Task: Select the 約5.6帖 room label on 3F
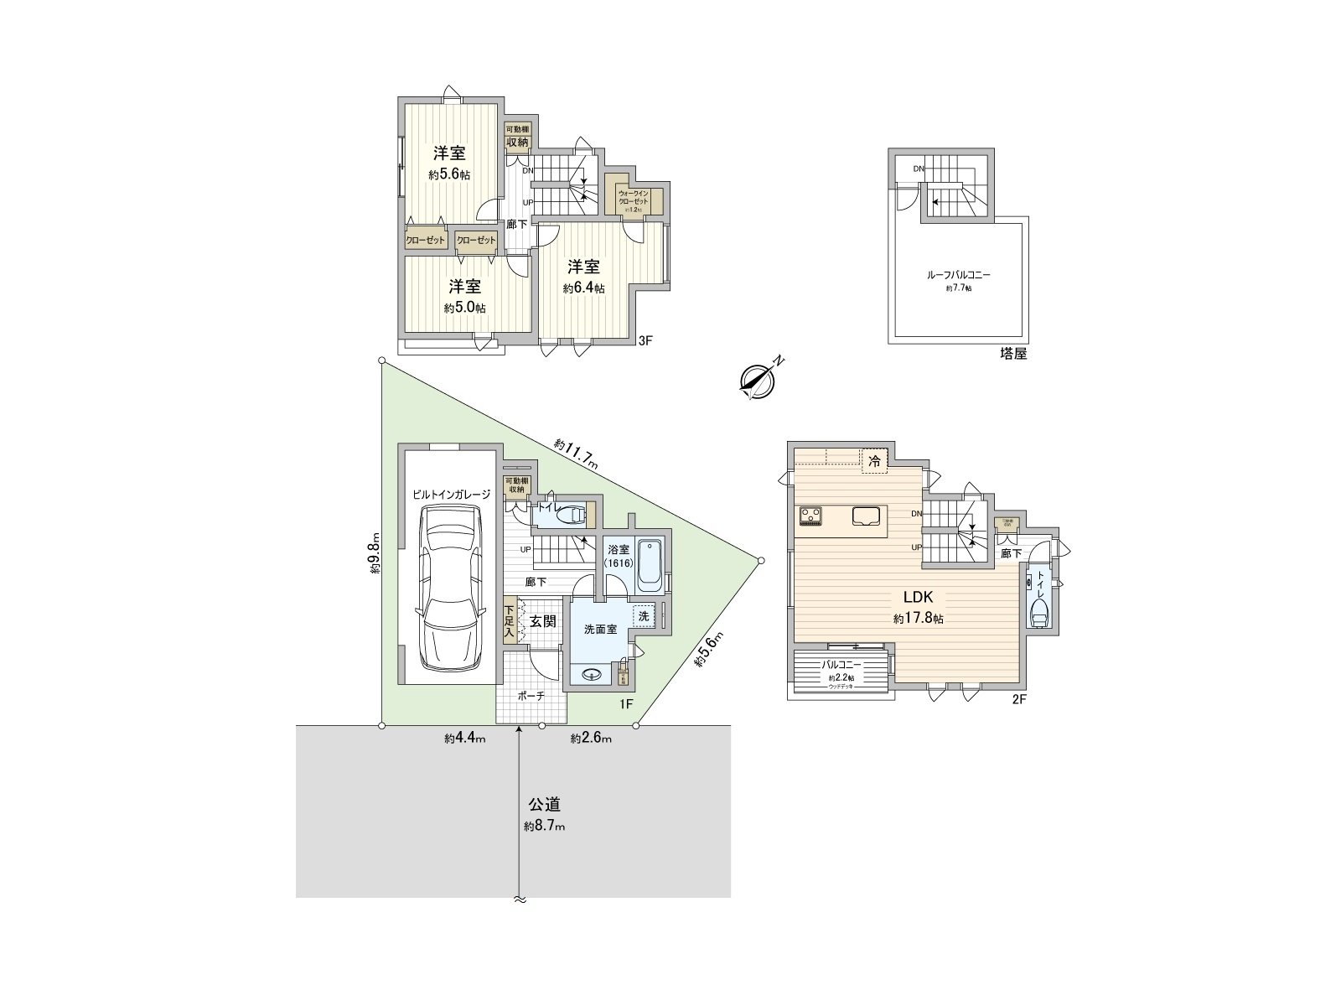pyautogui.click(x=449, y=163)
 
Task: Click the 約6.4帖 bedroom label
pyautogui.click(x=583, y=277)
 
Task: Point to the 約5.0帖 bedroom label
pyautogui.click(x=464, y=296)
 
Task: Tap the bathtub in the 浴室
pyautogui.click(x=650, y=566)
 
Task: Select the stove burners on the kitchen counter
pyautogui.click(x=810, y=516)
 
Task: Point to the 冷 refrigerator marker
pyautogui.click(x=874, y=460)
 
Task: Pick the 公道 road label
pyautogui.click(x=544, y=806)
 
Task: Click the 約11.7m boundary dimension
pyautogui.click(x=575, y=453)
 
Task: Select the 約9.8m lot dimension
pyautogui.click(x=375, y=554)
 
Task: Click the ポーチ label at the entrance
pyautogui.click(x=531, y=696)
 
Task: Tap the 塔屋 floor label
pyautogui.click(x=1013, y=355)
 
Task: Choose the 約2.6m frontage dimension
pyautogui.click(x=591, y=739)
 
